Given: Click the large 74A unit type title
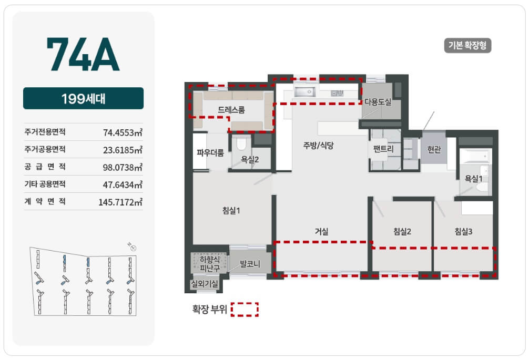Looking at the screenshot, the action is (83, 54).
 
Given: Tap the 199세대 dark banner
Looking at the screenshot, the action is (83, 98).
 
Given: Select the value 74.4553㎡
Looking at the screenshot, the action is (123, 132).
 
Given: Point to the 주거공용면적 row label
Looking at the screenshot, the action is (45, 149).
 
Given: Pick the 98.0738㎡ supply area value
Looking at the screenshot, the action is (123, 167).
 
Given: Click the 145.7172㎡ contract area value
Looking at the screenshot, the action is (120, 202).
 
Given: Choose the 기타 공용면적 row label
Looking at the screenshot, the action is (45, 184).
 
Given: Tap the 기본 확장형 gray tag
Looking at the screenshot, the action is (467, 46).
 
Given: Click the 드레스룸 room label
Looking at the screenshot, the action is (231, 109).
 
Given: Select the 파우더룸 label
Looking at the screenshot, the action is (210, 153).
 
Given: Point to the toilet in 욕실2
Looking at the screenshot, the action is (241, 143).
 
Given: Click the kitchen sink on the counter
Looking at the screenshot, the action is (304, 91).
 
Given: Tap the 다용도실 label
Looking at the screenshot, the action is (378, 102).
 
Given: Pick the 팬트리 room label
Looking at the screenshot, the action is (383, 149).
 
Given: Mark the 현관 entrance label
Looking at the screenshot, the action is (434, 149).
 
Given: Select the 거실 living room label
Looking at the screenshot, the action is (321, 231).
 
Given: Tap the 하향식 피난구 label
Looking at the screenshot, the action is (209, 264).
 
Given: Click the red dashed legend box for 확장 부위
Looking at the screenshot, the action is (245, 310).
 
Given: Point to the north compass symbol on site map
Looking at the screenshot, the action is (133, 247).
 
